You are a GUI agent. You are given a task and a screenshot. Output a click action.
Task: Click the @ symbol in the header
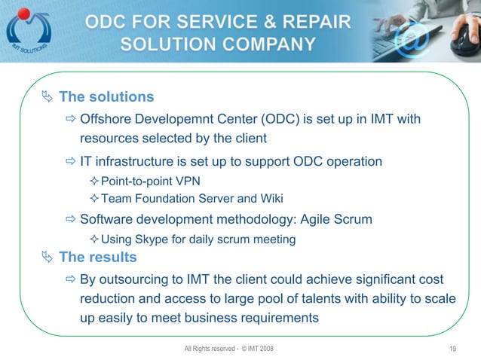(414, 37)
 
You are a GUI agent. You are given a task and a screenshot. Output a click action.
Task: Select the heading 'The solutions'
(106, 97)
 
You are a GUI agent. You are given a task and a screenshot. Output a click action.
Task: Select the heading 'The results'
(98, 258)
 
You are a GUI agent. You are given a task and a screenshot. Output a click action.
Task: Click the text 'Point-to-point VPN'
(151, 181)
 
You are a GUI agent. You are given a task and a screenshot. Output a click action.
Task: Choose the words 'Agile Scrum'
(336, 219)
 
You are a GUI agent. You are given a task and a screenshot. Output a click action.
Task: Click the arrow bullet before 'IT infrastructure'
(72, 162)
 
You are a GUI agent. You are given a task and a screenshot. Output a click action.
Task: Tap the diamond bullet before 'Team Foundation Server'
(94, 199)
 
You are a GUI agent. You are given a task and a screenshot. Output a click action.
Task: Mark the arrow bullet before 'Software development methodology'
(72, 219)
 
